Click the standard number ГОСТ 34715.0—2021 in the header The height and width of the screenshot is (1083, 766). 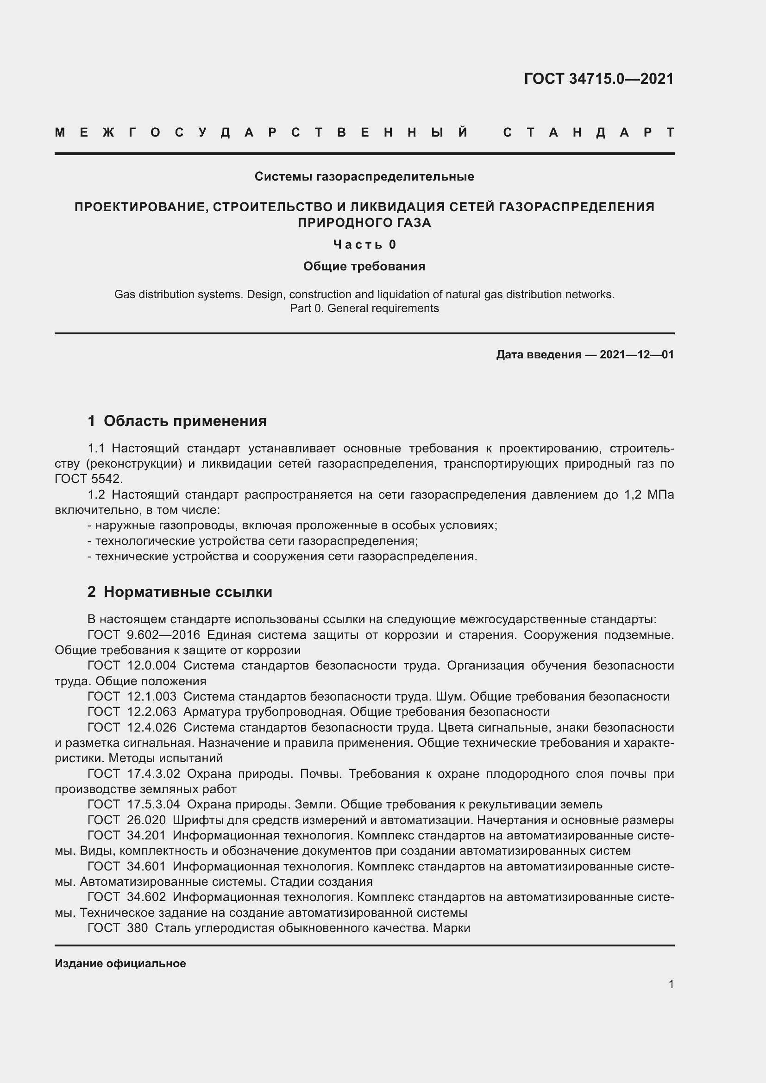[x=598, y=78]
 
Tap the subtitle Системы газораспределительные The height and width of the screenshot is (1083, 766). [x=364, y=176]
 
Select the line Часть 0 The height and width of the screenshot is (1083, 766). [x=364, y=244]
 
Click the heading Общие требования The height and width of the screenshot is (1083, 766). [x=364, y=267]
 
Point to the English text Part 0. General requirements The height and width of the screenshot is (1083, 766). [x=364, y=308]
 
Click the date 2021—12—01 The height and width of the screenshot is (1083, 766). [x=637, y=355]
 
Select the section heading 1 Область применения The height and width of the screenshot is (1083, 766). [x=177, y=421]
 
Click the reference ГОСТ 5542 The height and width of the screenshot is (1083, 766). [x=88, y=479]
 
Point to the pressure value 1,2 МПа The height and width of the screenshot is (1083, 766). [x=649, y=495]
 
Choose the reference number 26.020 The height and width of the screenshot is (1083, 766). [x=146, y=820]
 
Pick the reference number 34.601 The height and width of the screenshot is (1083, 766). [x=146, y=866]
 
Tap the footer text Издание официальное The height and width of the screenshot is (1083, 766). [x=120, y=964]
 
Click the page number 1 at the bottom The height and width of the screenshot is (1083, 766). [x=671, y=984]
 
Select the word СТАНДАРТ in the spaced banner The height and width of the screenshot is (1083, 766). [x=589, y=132]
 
